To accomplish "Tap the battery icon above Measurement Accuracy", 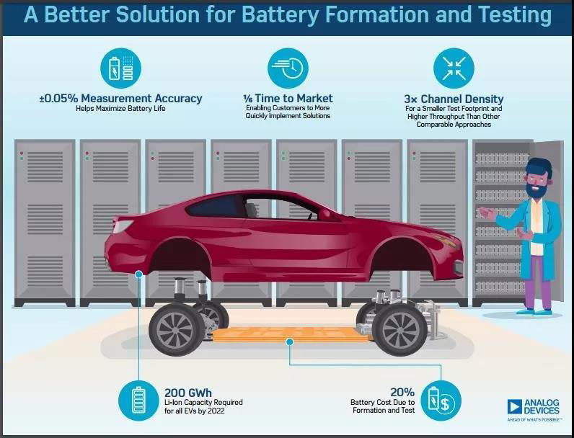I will coord(120,68).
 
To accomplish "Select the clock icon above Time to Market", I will coord(288,68).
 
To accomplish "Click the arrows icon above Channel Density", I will coord(454,68).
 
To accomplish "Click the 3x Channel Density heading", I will coord(454,99).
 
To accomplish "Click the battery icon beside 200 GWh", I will coord(140,401).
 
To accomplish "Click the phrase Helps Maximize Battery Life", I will coord(120,109).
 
